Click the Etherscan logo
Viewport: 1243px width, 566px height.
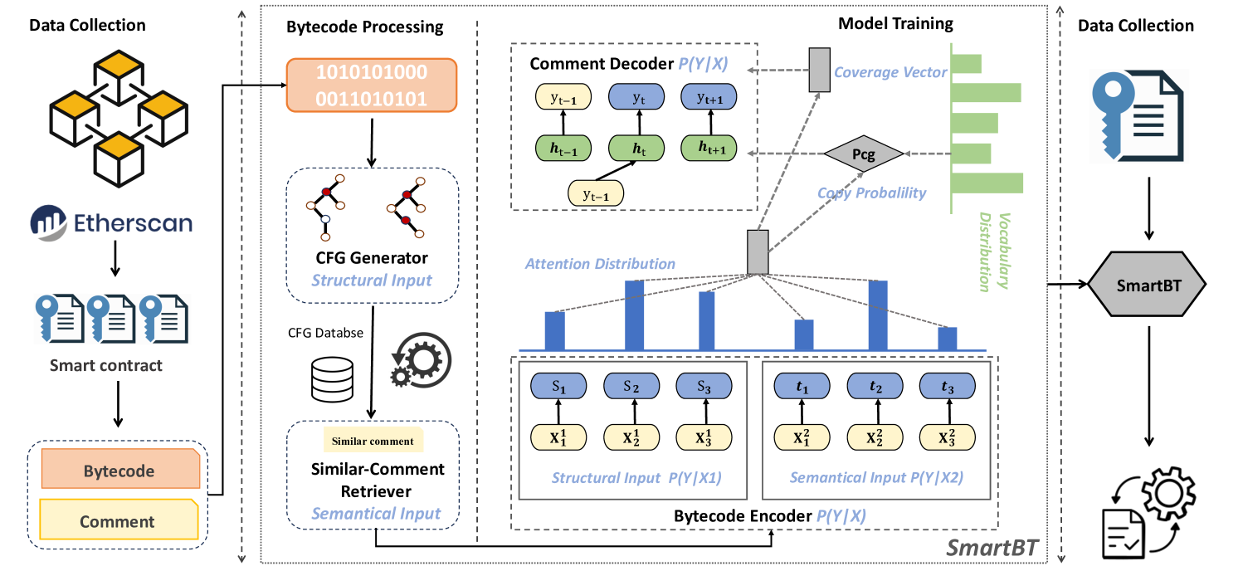pyautogui.click(x=111, y=222)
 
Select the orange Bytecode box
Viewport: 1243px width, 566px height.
pyautogui.click(x=118, y=471)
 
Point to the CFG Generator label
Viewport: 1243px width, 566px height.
pyautogui.click(x=372, y=258)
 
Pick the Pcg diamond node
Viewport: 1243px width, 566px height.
pyautogui.click(x=862, y=154)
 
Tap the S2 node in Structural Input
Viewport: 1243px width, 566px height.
pyautogui.click(x=631, y=386)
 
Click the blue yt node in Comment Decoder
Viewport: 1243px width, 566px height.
pyautogui.click(x=638, y=98)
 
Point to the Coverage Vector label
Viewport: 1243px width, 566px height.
pyautogui.click(x=890, y=72)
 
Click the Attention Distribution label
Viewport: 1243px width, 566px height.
pyautogui.click(x=600, y=264)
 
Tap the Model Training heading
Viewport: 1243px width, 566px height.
pyautogui.click(x=895, y=23)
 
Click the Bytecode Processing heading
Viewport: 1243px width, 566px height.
pyautogui.click(x=365, y=27)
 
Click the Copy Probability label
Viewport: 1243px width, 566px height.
pyautogui.click(x=871, y=193)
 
